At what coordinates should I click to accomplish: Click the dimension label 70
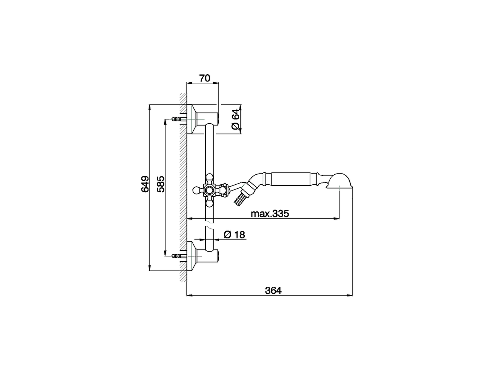[x=204, y=78]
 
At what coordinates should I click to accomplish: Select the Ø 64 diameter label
[x=235, y=119]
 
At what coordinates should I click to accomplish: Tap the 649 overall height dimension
[x=145, y=184]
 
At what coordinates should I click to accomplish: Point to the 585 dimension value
[x=161, y=184]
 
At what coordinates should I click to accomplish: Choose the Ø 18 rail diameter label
[x=234, y=235]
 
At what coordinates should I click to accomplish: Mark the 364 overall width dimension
[x=273, y=291]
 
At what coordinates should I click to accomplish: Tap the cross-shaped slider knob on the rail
[x=210, y=190]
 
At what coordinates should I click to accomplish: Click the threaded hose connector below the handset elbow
[x=240, y=199]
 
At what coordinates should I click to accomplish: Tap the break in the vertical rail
[x=209, y=224]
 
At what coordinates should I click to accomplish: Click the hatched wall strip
[x=183, y=185]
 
